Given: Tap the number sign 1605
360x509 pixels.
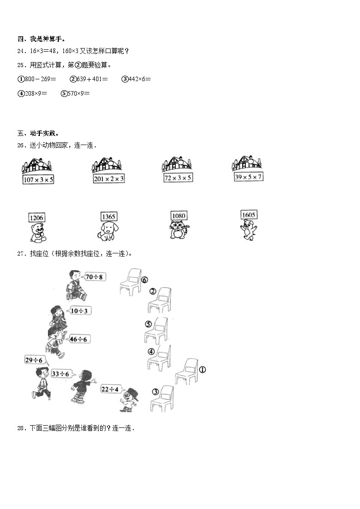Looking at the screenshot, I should [249, 214].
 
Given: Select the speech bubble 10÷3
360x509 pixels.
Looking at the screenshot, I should [80, 310].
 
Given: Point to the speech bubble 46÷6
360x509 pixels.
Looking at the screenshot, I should [81, 339].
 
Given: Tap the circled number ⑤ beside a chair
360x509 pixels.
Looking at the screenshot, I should [148, 324].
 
